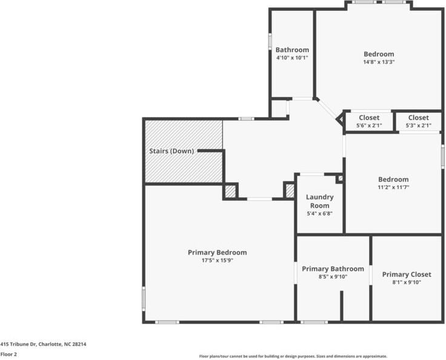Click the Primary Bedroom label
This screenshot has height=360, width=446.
pyautogui.click(x=217, y=252)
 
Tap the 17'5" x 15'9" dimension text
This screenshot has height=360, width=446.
pyautogui.click(x=217, y=260)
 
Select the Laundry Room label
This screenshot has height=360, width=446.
pyautogui.click(x=319, y=201)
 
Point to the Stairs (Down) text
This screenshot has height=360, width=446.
pyautogui.click(x=171, y=151)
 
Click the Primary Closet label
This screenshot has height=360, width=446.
pyautogui.click(x=407, y=275)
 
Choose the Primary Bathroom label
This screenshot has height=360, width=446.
pyautogui.click(x=333, y=268)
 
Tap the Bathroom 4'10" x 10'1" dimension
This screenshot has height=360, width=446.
pyautogui.click(x=292, y=58)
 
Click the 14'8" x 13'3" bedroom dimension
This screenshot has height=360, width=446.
pyautogui.click(x=379, y=62)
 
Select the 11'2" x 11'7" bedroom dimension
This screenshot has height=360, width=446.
pyautogui.click(x=393, y=187)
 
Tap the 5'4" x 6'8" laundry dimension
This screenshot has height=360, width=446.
pyautogui.click(x=319, y=213)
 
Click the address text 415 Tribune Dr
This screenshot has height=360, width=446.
pyautogui.click(x=43, y=344)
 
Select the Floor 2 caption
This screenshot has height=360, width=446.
pyautogui.click(x=8, y=354)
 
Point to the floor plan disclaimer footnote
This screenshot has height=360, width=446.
pyautogui.click(x=293, y=356)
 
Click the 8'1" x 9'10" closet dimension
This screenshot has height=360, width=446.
pyautogui.click(x=407, y=282)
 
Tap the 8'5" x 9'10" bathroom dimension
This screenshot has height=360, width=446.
pyautogui.click(x=333, y=276)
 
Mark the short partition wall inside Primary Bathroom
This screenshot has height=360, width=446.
pyautogui.click(x=341, y=305)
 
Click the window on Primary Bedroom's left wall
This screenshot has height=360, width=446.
pyautogui.click(x=144, y=298)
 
